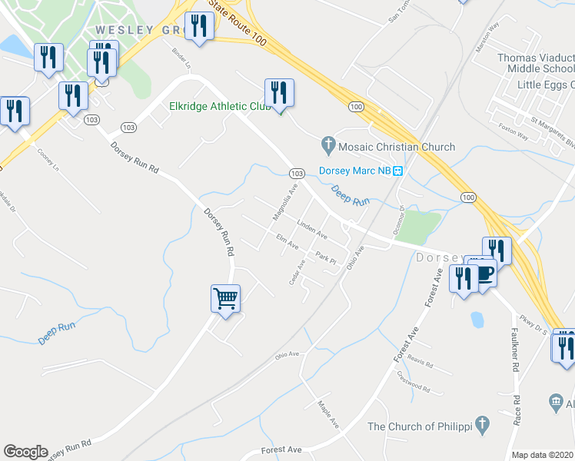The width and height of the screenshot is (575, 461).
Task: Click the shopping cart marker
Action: [x=226, y=297]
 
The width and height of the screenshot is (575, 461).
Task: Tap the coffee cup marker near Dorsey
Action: [x=485, y=274]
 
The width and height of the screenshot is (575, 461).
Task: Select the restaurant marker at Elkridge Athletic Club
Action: [x=278, y=94]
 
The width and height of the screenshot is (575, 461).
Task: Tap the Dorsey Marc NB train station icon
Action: [x=398, y=171]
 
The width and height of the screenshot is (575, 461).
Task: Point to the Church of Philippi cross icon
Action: [x=481, y=423]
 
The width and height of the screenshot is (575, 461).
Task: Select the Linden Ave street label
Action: [x=312, y=228]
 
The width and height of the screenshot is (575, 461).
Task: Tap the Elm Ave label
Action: [x=287, y=244]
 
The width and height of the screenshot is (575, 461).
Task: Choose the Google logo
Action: [x=25, y=452]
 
